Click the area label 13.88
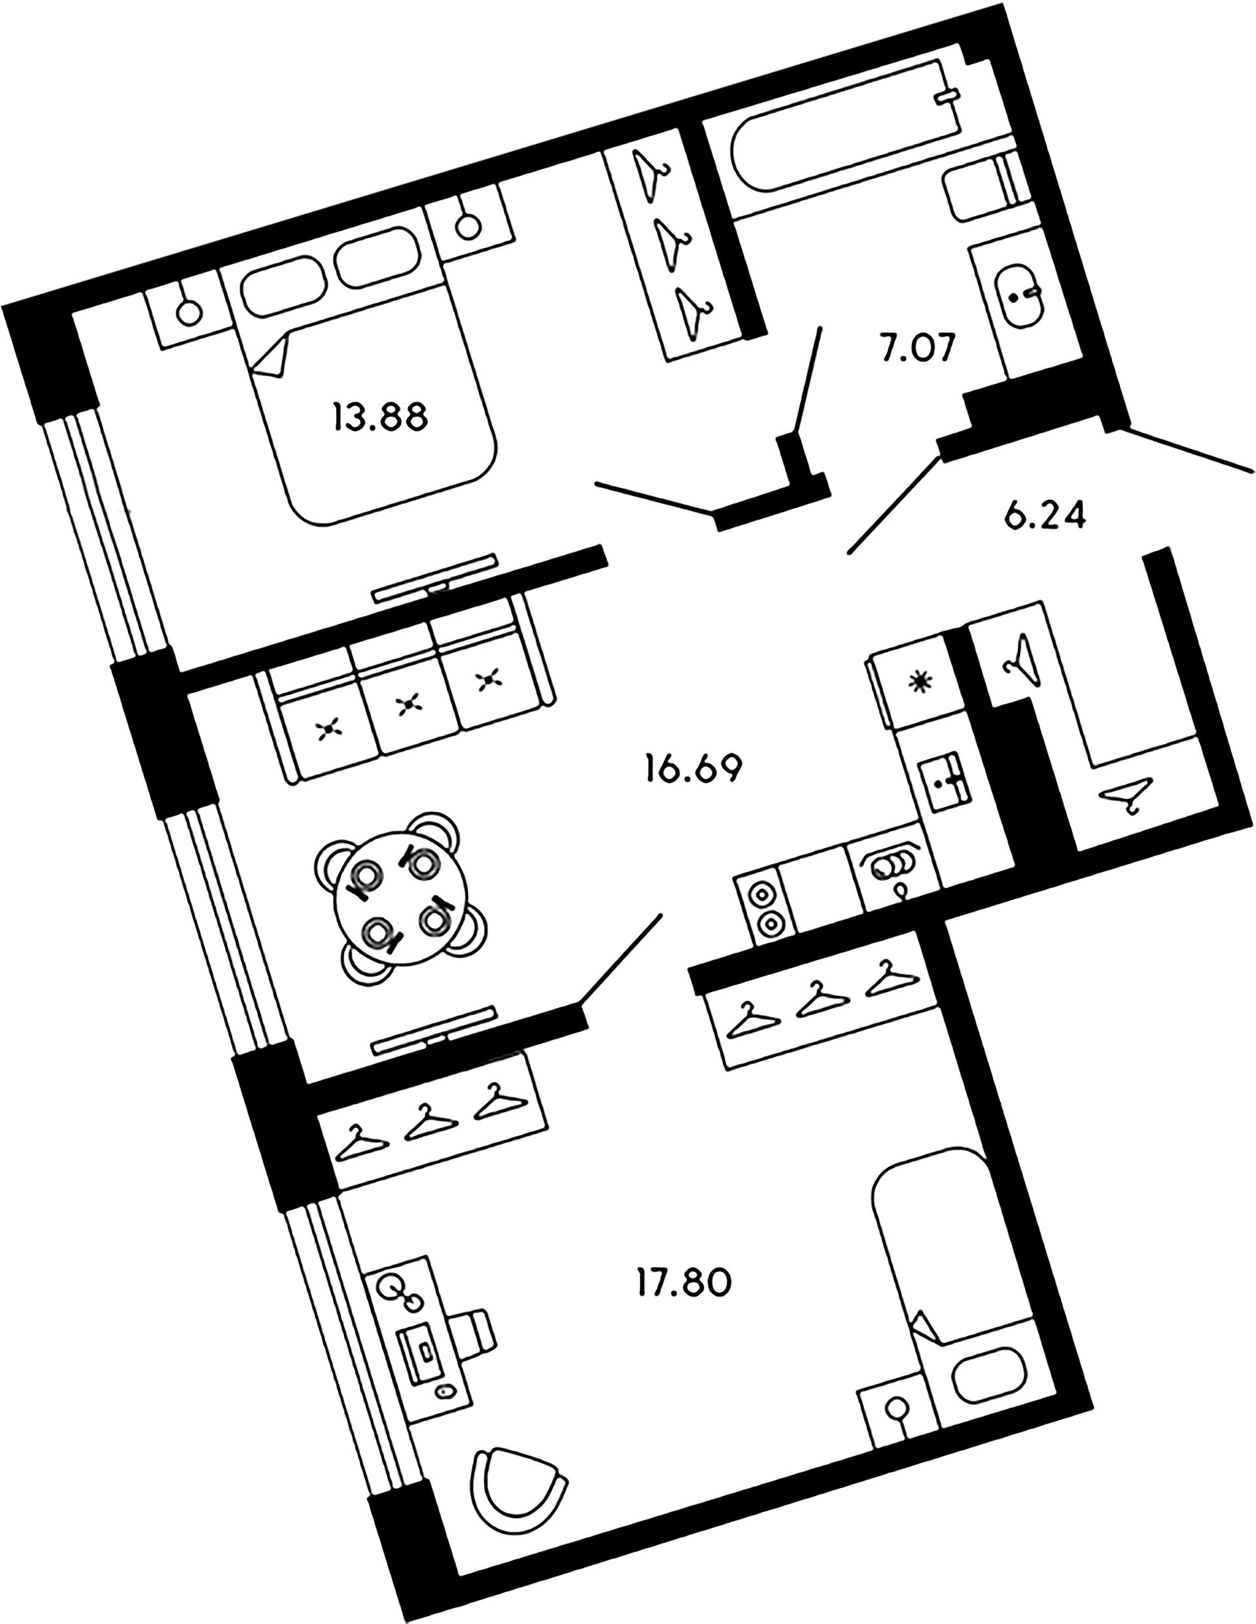(x=380, y=418)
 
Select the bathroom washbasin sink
(x=1022, y=294)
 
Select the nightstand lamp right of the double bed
(x=468, y=225)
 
